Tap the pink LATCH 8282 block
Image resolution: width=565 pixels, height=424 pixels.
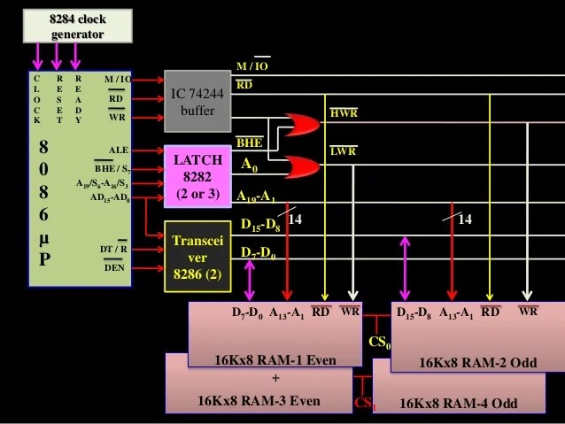pyautogui.click(x=197, y=174)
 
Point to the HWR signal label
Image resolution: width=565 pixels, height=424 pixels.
pyautogui.click(x=344, y=113)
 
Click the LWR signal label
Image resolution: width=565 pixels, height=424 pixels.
pyautogui.click(x=343, y=151)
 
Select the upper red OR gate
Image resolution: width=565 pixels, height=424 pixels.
pyautogui.click(x=300, y=125)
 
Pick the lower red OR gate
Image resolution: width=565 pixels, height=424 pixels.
pyautogui.click(x=300, y=166)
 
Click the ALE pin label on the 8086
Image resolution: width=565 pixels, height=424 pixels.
pyautogui.click(x=119, y=150)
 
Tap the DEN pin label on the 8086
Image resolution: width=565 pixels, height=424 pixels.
pyautogui.click(x=114, y=266)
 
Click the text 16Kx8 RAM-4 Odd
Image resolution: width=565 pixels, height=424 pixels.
pyautogui.click(x=458, y=404)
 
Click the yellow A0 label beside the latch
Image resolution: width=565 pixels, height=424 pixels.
pyautogui.click(x=251, y=165)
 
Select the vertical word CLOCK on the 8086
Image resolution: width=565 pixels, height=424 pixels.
pyautogui.click(x=36, y=99)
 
